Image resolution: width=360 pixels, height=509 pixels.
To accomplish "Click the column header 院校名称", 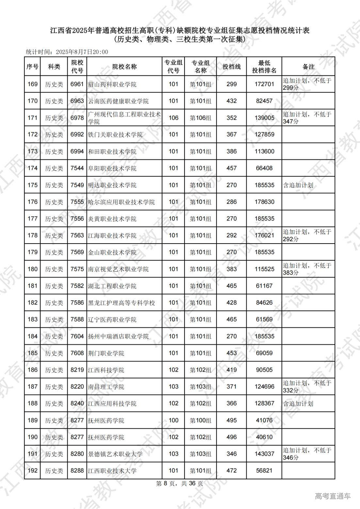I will [124, 67].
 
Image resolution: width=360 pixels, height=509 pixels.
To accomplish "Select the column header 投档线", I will [232, 67].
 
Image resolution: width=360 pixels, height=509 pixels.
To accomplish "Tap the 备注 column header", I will [308, 67].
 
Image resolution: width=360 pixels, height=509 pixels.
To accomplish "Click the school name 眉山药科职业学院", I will [112, 84].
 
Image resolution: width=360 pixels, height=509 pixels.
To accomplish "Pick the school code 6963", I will [77, 101].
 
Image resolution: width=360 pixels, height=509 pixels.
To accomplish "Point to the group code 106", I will [173, 118].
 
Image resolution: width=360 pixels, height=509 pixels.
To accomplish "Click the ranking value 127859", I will [264, 135].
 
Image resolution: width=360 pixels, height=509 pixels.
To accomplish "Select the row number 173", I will [32, 151].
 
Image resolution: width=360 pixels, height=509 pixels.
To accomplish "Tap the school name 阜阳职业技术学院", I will [112, 168].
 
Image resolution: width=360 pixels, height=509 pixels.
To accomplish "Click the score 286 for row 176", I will [232, 202].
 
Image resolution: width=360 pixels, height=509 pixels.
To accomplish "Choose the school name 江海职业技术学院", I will [112, 236].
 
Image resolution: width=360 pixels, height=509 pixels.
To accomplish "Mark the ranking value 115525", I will [264, 269].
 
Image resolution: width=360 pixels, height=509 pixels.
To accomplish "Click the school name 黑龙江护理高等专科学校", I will [122, 303].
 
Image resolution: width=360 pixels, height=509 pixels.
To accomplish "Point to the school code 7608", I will [77, 353].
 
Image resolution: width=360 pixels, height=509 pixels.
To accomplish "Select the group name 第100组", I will [201, 421].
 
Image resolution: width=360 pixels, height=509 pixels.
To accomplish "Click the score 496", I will [232, 437].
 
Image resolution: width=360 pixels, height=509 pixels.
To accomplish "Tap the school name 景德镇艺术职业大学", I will [115, 454].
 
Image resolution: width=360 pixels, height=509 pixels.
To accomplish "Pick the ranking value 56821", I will [264, 471].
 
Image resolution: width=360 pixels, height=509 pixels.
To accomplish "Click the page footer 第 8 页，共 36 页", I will [180, 484].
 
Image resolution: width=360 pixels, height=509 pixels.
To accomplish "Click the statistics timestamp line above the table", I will [67, 52].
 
